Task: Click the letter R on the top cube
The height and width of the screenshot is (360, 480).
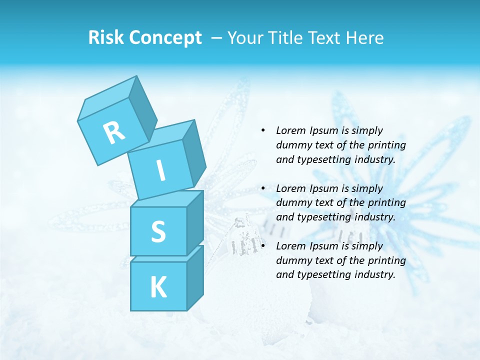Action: (114, 132)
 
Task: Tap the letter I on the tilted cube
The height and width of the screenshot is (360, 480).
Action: (160, 171)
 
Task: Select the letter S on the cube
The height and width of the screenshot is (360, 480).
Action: (158, 231)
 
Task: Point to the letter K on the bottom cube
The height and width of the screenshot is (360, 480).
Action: (158, 287)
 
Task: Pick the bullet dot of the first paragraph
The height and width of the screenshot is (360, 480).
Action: (263, 130)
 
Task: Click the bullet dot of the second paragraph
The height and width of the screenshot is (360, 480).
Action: (263, 188)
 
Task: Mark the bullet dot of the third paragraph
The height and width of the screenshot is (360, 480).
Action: (263, 246)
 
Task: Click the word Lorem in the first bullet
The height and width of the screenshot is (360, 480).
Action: (289, 130)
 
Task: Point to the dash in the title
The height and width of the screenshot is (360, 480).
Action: (217, 38)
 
